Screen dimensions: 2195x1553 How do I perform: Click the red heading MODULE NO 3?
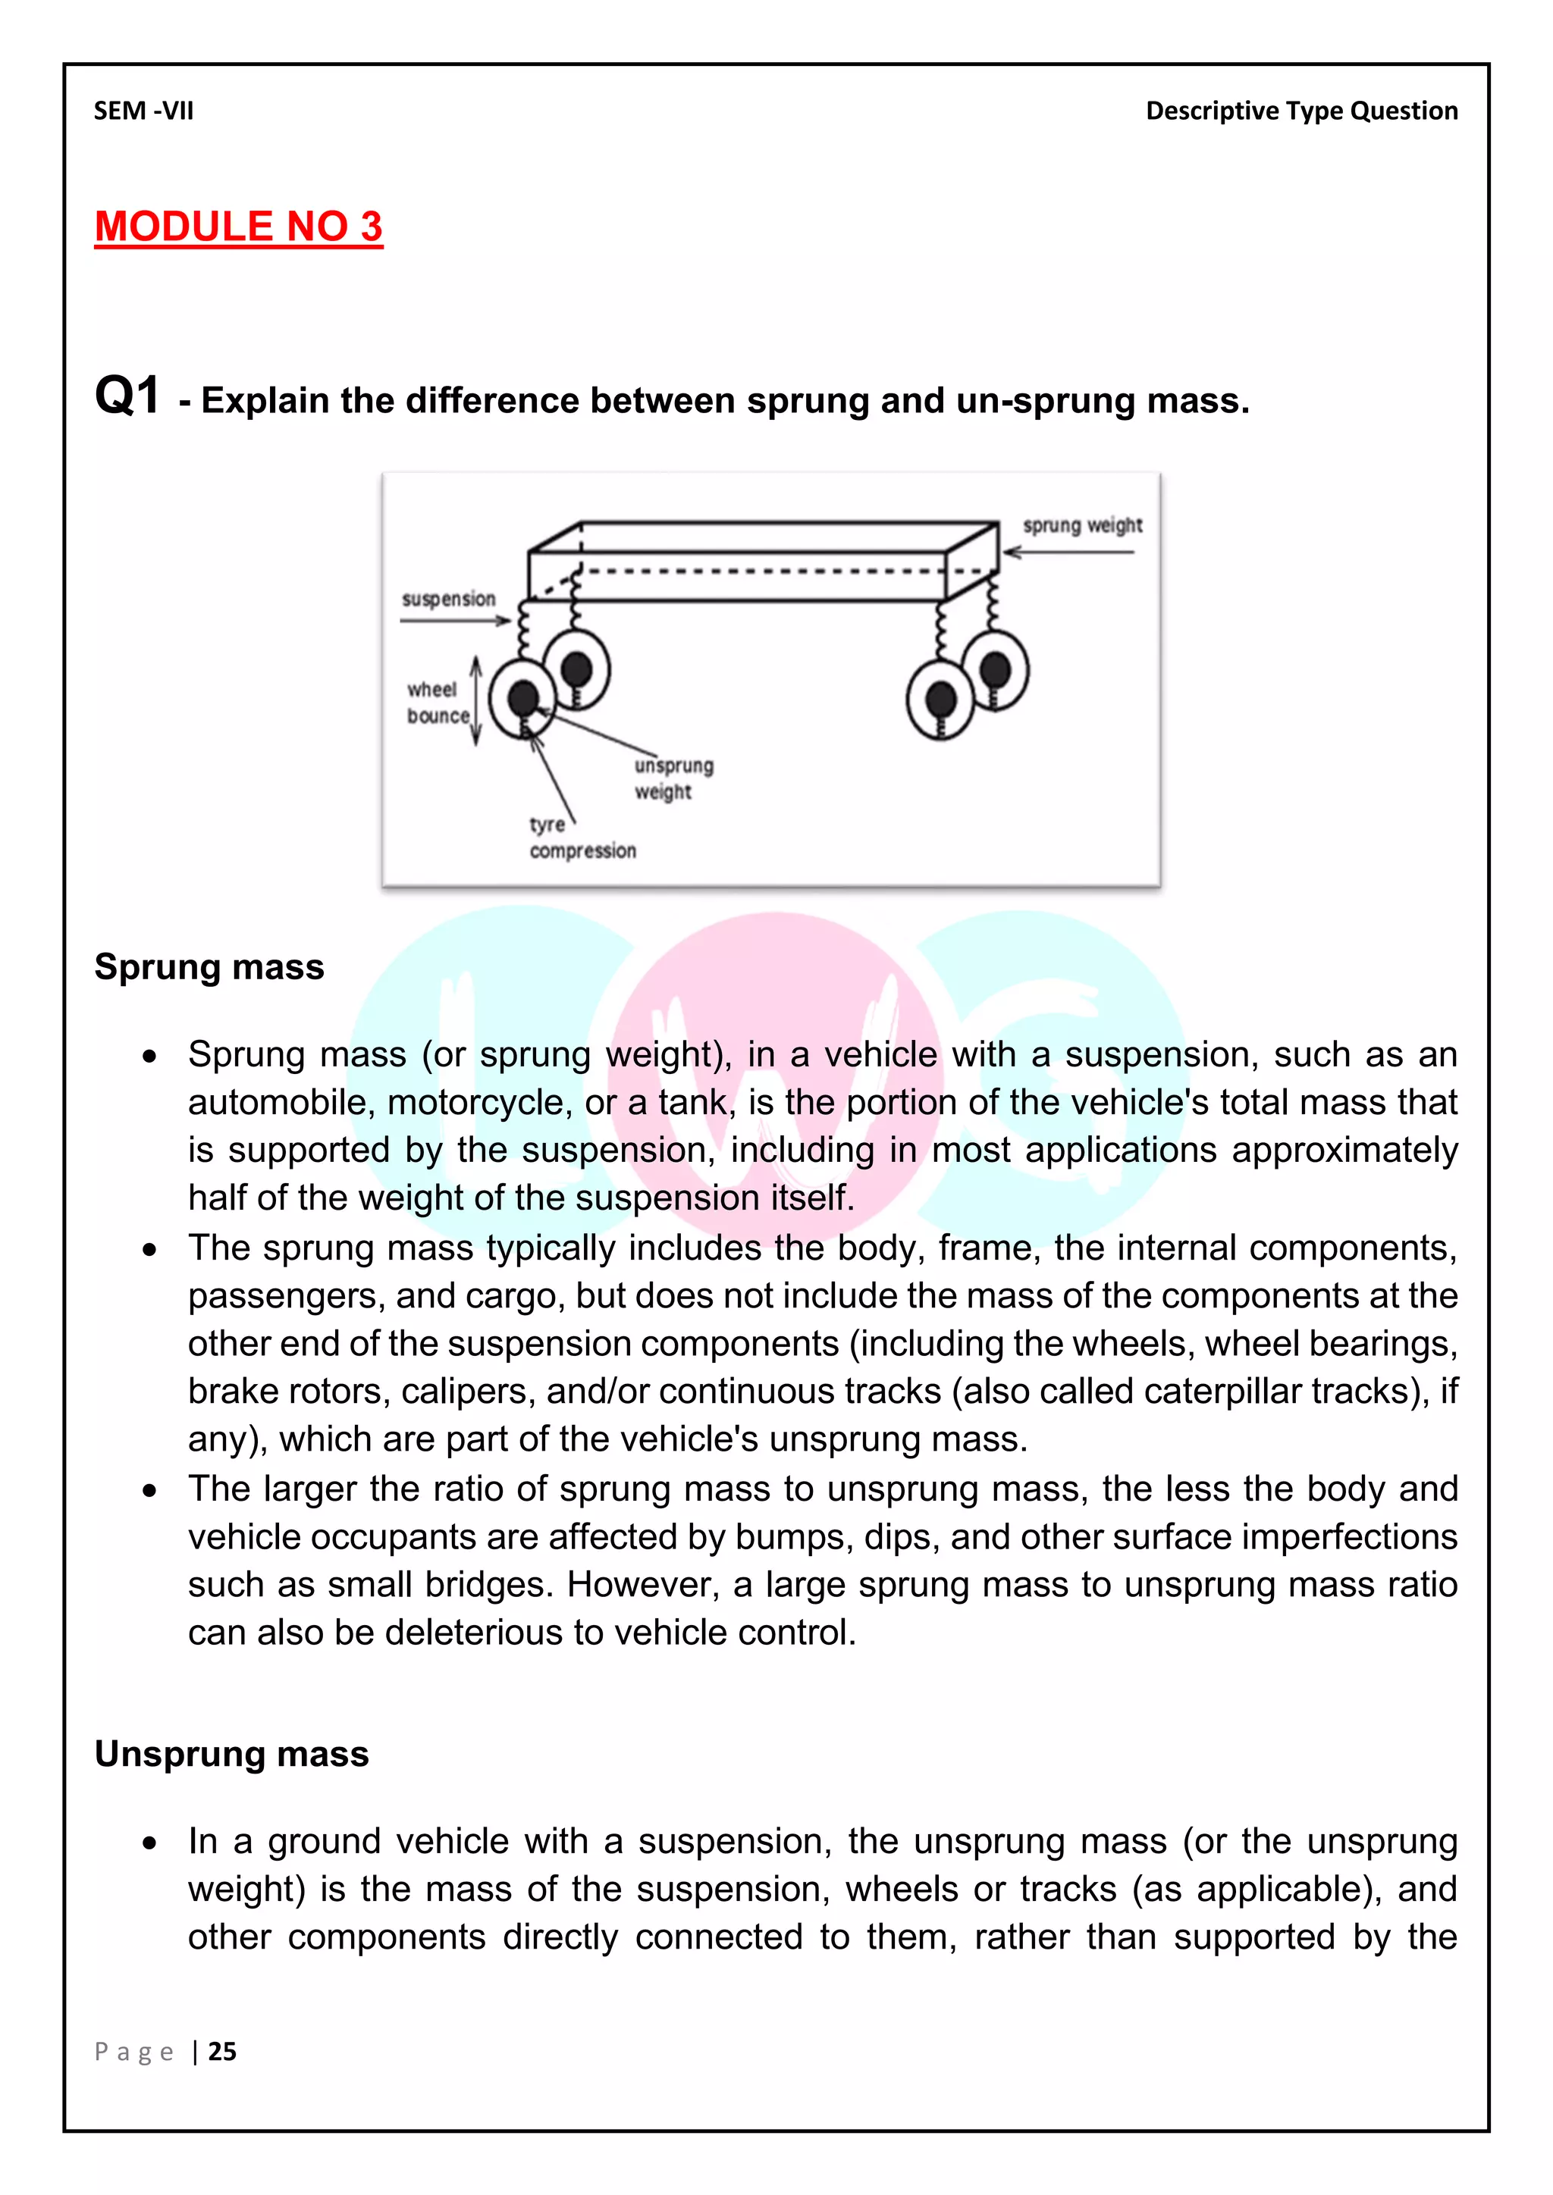pyautogui.click(x=238, y=227)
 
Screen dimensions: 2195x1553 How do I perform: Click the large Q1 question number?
pyautogui.click(x=127, y=396)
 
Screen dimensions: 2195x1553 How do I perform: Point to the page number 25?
pyautogui.click(x=222, y=2051)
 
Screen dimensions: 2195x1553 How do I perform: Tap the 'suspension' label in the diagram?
pyautogui.click(x=448, y=599)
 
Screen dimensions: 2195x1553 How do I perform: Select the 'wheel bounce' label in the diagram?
pyautogui.click(x=437, y=703)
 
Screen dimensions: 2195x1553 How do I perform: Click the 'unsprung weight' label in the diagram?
pyautogui.click(x=673, y=778)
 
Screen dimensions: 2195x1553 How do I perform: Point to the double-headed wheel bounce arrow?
pyautogui.click(x=476, y=701)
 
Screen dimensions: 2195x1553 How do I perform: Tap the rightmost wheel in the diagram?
pyautogui.click(x=995, y=670)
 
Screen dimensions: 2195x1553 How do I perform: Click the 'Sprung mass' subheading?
pyautogui.click(x=209, y=966)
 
